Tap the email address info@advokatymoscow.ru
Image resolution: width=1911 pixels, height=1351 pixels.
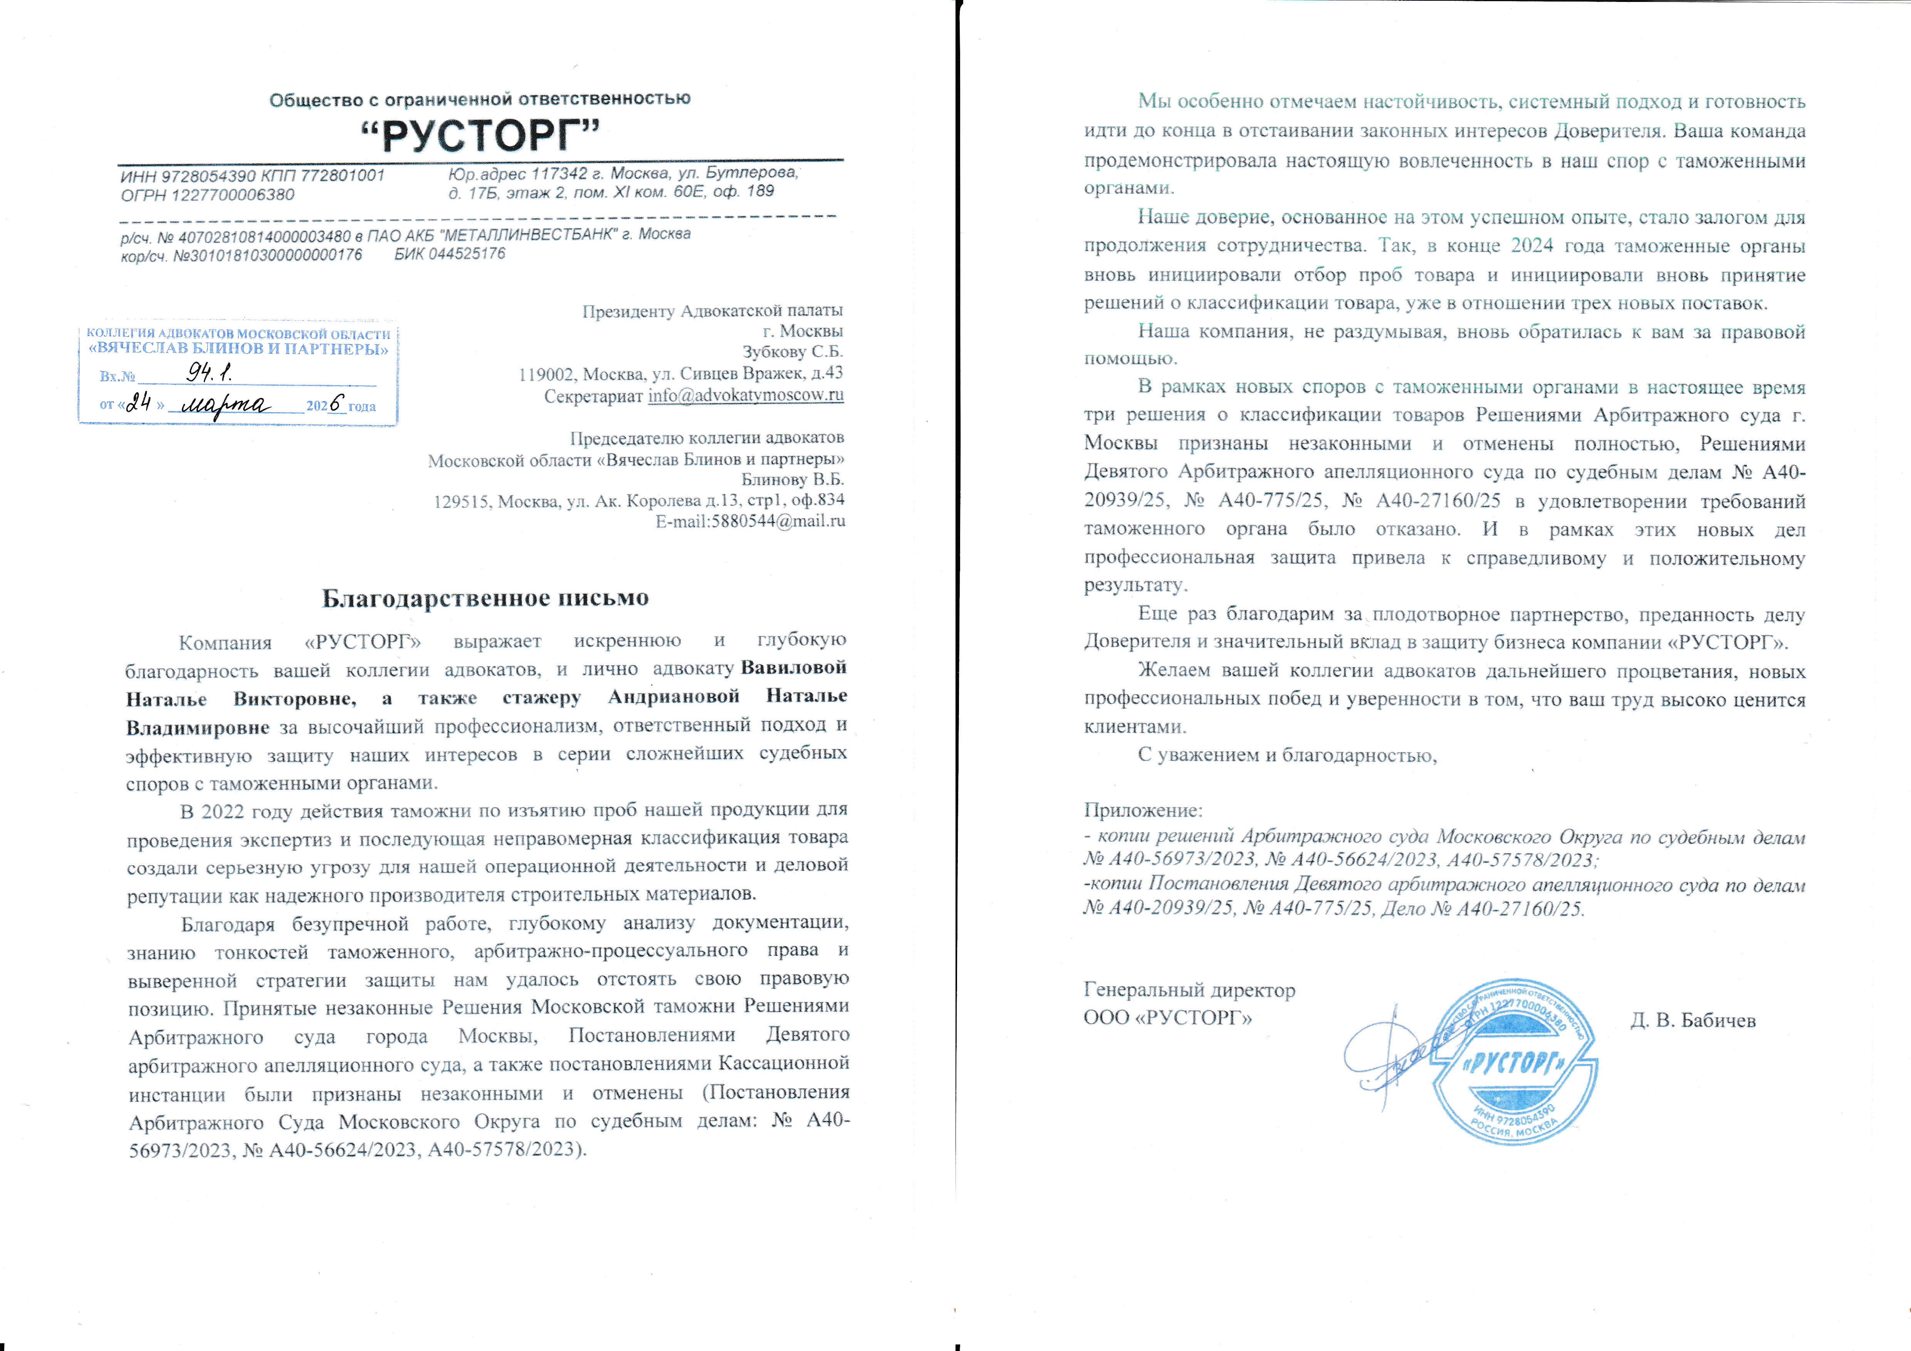pyautogui.click(x=746, y=395)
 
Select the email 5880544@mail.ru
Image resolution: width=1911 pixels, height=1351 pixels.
pyautogui.click(x=778, y=521)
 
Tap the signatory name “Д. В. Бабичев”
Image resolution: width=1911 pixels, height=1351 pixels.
pyautogui.click(x=1693, y=1020)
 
